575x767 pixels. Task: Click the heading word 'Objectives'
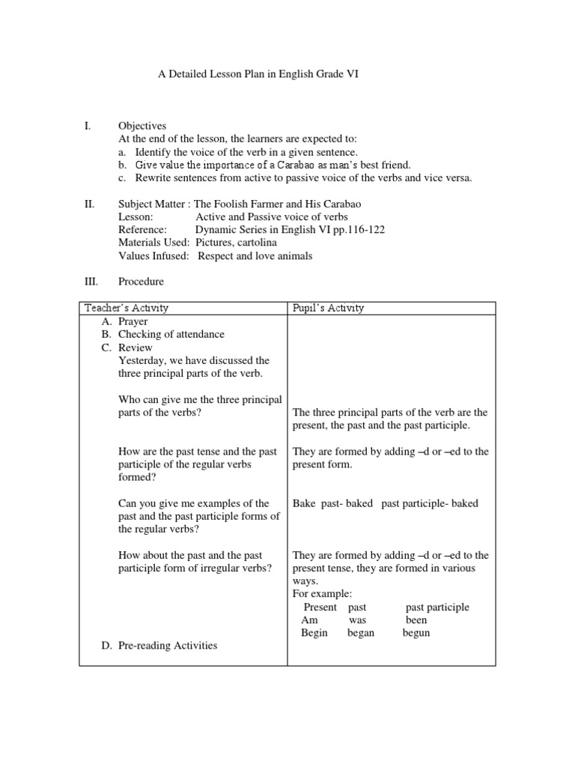pos(142,126)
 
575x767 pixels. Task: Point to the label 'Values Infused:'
pos(153,256)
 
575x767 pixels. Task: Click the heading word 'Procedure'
pos(141,282)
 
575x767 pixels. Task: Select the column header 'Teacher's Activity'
pos(127,308)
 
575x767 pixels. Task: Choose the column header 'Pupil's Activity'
pos(328,308)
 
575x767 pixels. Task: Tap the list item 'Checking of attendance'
pos(171,334)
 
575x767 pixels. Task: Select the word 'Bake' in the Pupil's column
pos(304,503)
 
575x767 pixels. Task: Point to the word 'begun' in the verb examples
pos(416,633)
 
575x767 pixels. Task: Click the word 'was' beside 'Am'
pos(357,620)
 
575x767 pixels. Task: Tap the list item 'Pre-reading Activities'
pos(168,645)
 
